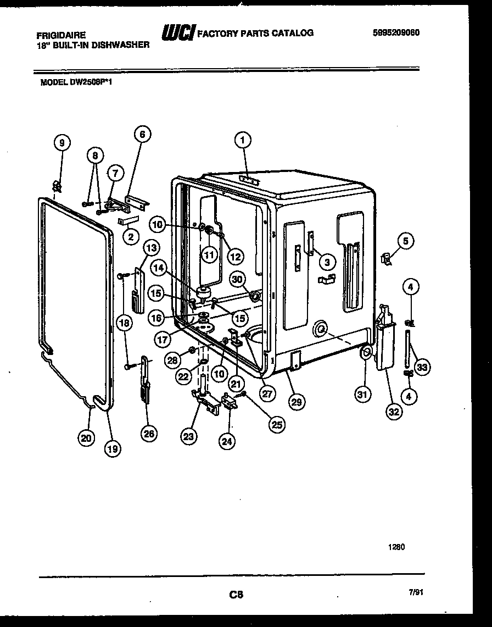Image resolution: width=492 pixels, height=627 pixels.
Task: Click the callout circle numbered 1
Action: (x=241, y=141)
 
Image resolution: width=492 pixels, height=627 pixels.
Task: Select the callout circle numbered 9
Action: (x=62, y=143)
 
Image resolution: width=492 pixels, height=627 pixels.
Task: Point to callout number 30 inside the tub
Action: (x=237, y=280)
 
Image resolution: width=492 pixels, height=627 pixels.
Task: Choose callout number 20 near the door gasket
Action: (x=86, y=437)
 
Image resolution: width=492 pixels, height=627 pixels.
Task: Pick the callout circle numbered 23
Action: (x=188, y=437)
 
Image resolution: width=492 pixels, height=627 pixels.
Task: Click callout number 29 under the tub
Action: (x=296, y=402)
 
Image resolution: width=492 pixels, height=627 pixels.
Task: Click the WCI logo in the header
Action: (x=177, y=34)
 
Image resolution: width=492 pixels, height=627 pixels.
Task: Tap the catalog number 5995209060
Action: (x=395, y=32)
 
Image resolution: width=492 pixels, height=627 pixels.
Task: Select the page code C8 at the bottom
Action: (x=237, y=594)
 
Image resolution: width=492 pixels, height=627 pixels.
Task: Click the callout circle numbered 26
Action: (x=148, y=433)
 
